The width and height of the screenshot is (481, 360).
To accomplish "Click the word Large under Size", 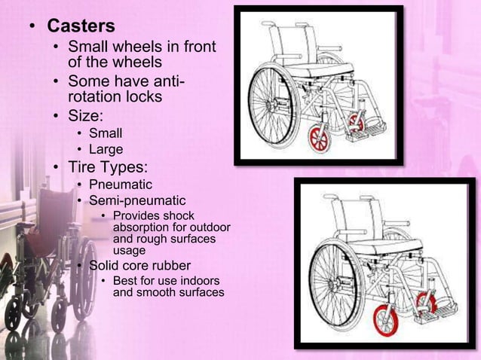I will tap(106, 149).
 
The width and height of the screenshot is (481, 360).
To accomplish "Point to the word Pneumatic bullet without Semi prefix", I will tap(121, 185).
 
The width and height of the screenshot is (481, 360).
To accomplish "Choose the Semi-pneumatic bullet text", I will tap(137, 200).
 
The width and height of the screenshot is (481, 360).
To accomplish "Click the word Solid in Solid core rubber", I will tap(106, 265).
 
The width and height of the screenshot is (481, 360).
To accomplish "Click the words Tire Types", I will tap(108, 166).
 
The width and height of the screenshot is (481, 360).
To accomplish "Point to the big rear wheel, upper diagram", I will tap(274, 105).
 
